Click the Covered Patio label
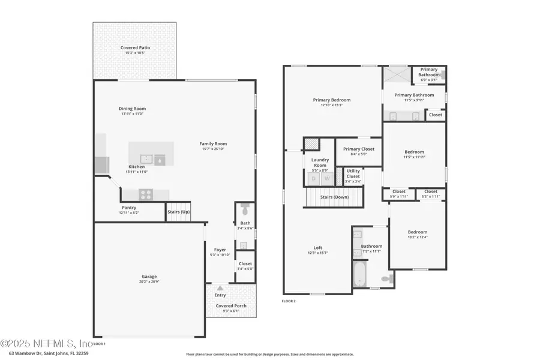tap(135, 47)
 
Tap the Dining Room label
tap(133, 109)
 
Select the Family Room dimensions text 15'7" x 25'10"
tap(213, 149)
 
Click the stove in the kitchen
tap(146, 194)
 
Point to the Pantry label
tap(129, 208)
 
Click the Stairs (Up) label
tap(178, 212)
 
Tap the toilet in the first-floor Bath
tap(244, 210)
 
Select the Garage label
tap(149, 277)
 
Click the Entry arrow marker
tap(220, 288)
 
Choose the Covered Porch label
tap(231, 305)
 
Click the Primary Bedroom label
tap(331, 100)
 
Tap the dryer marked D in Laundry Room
tap(313, 179)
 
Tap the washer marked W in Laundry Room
tap(328, 179)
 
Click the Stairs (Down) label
tap(334, 197)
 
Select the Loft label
tap(318, 247)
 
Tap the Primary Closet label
tap(358, 149)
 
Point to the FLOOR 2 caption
tap(289, 300)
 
